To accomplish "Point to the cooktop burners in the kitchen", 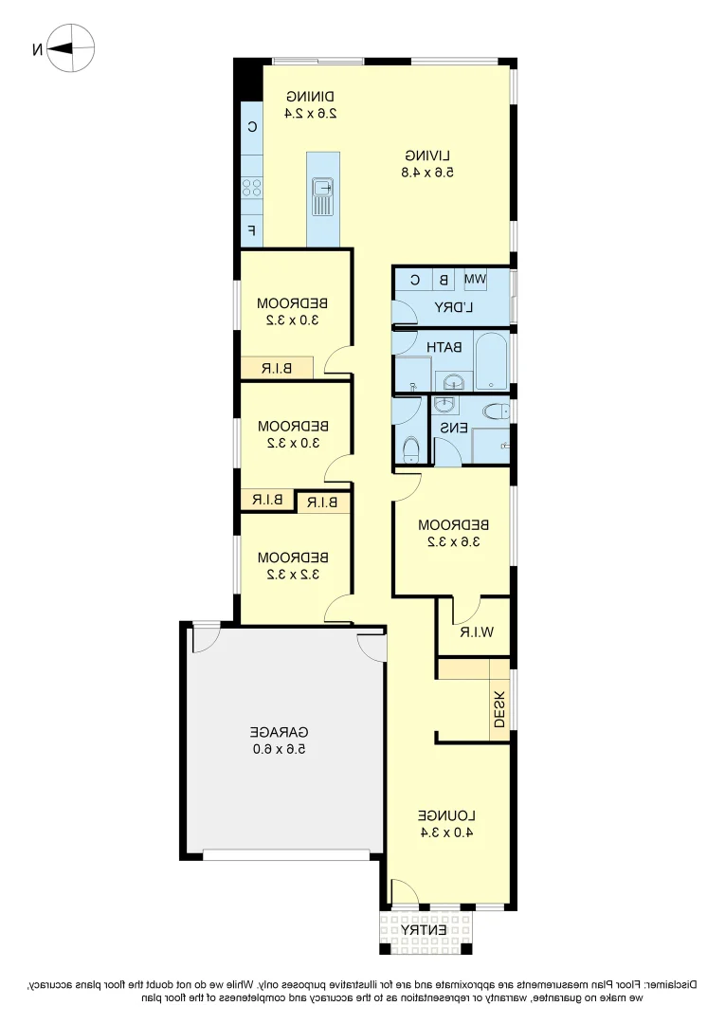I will [251, 187].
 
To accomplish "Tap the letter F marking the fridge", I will [251, 230].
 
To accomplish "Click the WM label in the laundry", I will [475, 280].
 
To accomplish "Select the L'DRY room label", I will [454, 307].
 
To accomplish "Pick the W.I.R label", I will [472, 632].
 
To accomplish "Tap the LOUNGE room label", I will [445, 815].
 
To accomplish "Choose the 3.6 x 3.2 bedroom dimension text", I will [453, 542].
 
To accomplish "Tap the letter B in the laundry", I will [443, 280].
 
